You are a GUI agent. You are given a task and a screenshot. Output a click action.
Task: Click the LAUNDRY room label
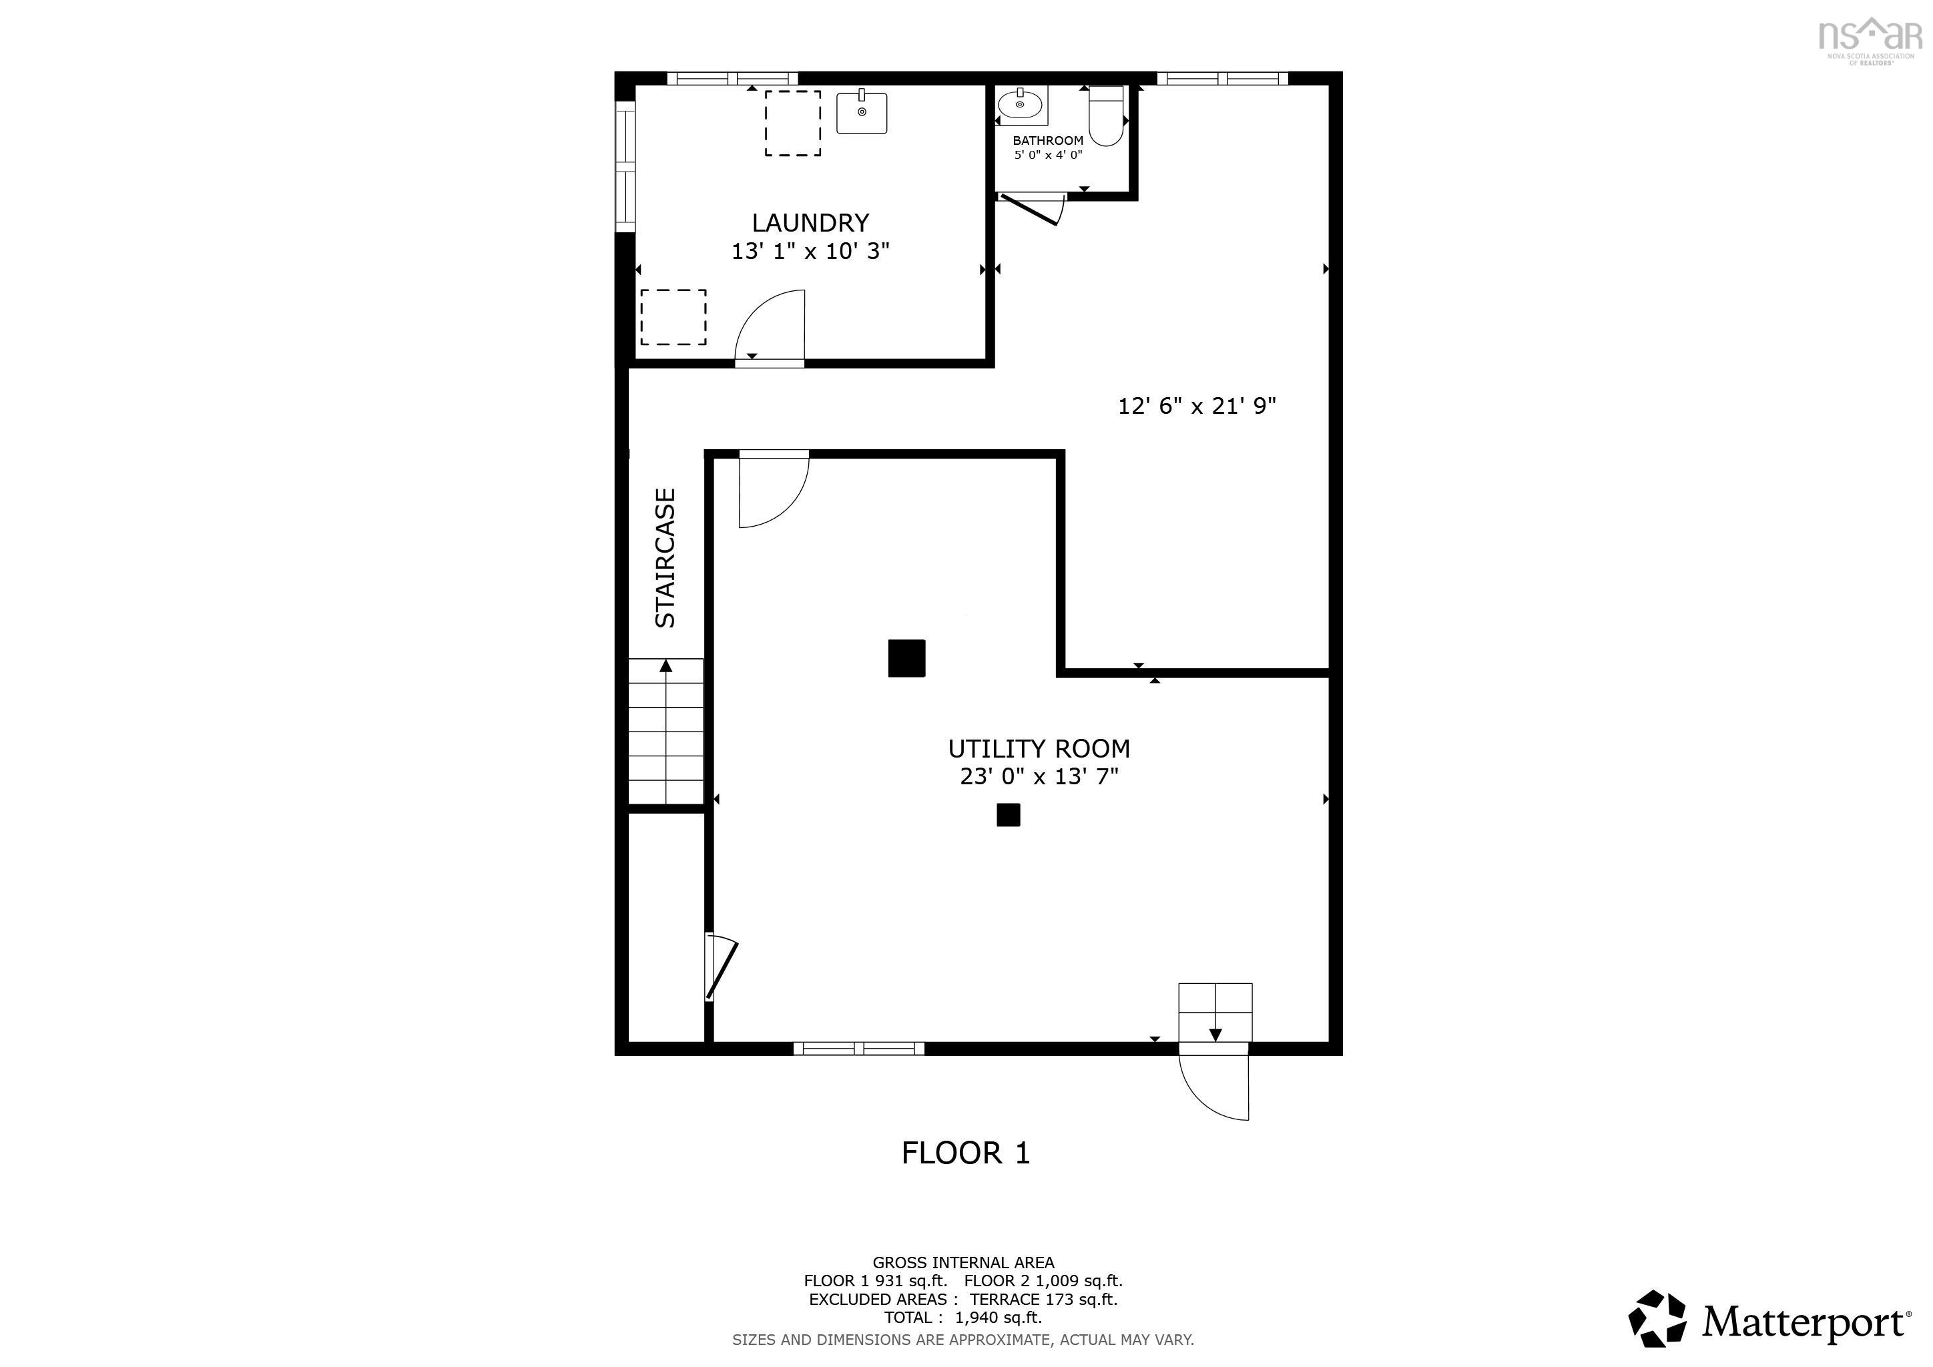click(810, 223)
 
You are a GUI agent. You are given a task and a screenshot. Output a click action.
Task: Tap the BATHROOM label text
click(1047, 141)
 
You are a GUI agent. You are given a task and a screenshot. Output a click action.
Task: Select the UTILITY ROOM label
click(1039, 748)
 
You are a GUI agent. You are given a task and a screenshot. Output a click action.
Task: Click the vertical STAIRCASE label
click(665, 558)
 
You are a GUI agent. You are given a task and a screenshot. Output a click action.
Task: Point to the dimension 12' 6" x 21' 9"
click(1196, 406)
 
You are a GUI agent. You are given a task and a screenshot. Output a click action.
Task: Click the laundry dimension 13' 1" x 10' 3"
click(810, 251)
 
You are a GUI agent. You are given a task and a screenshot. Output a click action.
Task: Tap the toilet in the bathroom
click(1106, 115)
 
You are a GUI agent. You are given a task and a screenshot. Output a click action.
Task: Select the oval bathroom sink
click(1021, 105)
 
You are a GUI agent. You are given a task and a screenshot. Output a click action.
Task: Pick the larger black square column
click(906, 658)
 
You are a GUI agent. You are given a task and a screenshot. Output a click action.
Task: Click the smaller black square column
click(1009, 815)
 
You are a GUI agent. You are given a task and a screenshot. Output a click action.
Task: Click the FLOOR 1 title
click(966, 1153)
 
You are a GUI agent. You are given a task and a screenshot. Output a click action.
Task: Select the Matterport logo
click(1769, 1318)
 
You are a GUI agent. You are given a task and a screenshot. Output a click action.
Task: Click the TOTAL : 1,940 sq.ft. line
click(963, 1318)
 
